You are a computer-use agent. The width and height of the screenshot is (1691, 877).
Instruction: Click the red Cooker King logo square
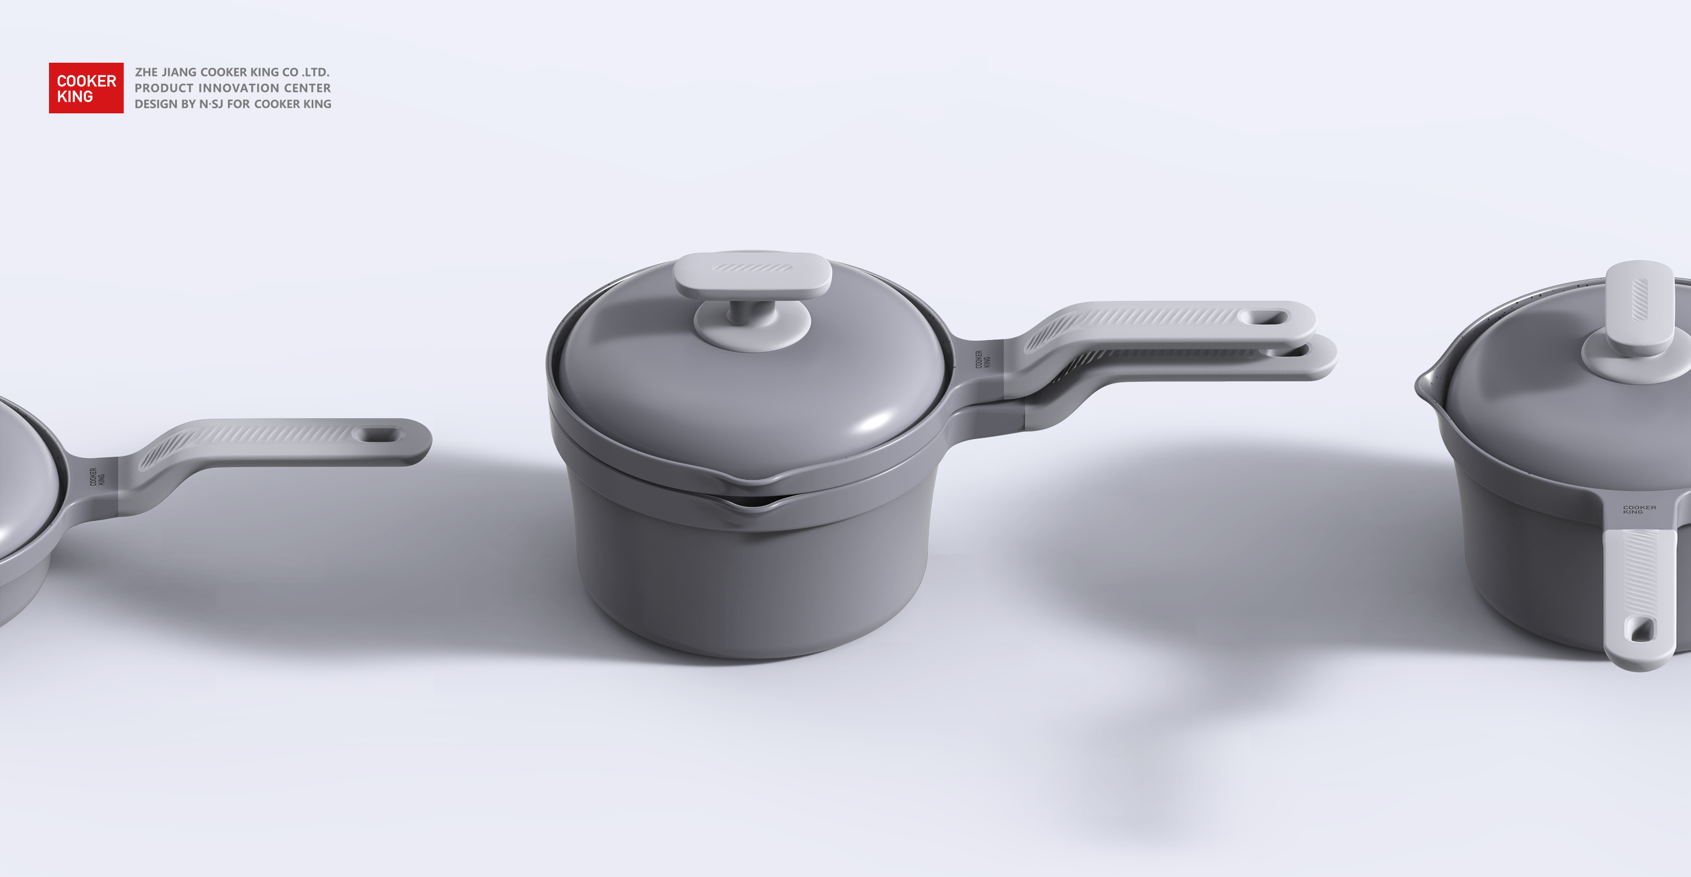click(86, 88)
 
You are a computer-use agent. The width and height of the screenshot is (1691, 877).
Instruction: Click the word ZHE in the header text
click(146, 72)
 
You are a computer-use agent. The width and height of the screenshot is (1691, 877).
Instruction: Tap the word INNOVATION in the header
click(238, 88)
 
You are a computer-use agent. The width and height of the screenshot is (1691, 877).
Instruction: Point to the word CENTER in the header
click(307, 88)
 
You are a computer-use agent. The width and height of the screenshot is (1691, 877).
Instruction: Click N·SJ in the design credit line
click(211, 103)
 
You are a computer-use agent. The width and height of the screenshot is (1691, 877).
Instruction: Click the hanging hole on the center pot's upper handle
click(1263, 318)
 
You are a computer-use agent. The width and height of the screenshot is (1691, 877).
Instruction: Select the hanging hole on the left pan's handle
click(377, 435)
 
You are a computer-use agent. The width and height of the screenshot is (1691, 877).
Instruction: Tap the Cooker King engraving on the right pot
click(1639, 508)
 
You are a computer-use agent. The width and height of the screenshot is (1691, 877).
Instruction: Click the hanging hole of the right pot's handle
click(1639, 630)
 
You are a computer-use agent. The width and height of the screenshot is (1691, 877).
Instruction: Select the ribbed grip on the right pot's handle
click(1639, 571)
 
